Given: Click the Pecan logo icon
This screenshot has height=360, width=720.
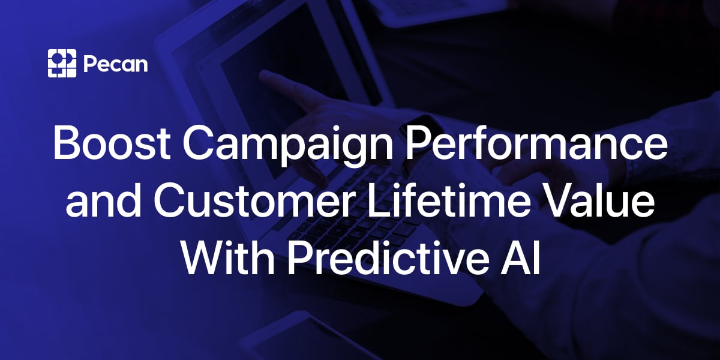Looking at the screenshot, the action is (x=62, y=64).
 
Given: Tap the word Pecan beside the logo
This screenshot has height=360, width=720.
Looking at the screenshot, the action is (x=116, y=64).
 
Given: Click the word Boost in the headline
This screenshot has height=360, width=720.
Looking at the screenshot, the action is (x=112, y=142).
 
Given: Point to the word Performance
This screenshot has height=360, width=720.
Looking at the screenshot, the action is (x=536, y=142).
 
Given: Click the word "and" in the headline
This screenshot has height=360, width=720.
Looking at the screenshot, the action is (x=103, y=199).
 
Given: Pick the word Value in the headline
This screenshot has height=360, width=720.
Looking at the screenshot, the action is (x=597, y=200).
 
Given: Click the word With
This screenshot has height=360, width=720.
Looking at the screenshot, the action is (x=228, y=257).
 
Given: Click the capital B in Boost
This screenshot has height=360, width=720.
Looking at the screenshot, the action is (x=67, y=142).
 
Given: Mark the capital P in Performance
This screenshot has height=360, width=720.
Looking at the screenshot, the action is (x=419, y=142).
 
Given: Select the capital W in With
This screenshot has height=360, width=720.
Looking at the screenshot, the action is (x=205, y=257).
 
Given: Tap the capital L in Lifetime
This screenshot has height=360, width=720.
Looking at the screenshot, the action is (x=380, y=200).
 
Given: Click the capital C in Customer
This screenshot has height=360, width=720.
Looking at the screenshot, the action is (x=169, y=200).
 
